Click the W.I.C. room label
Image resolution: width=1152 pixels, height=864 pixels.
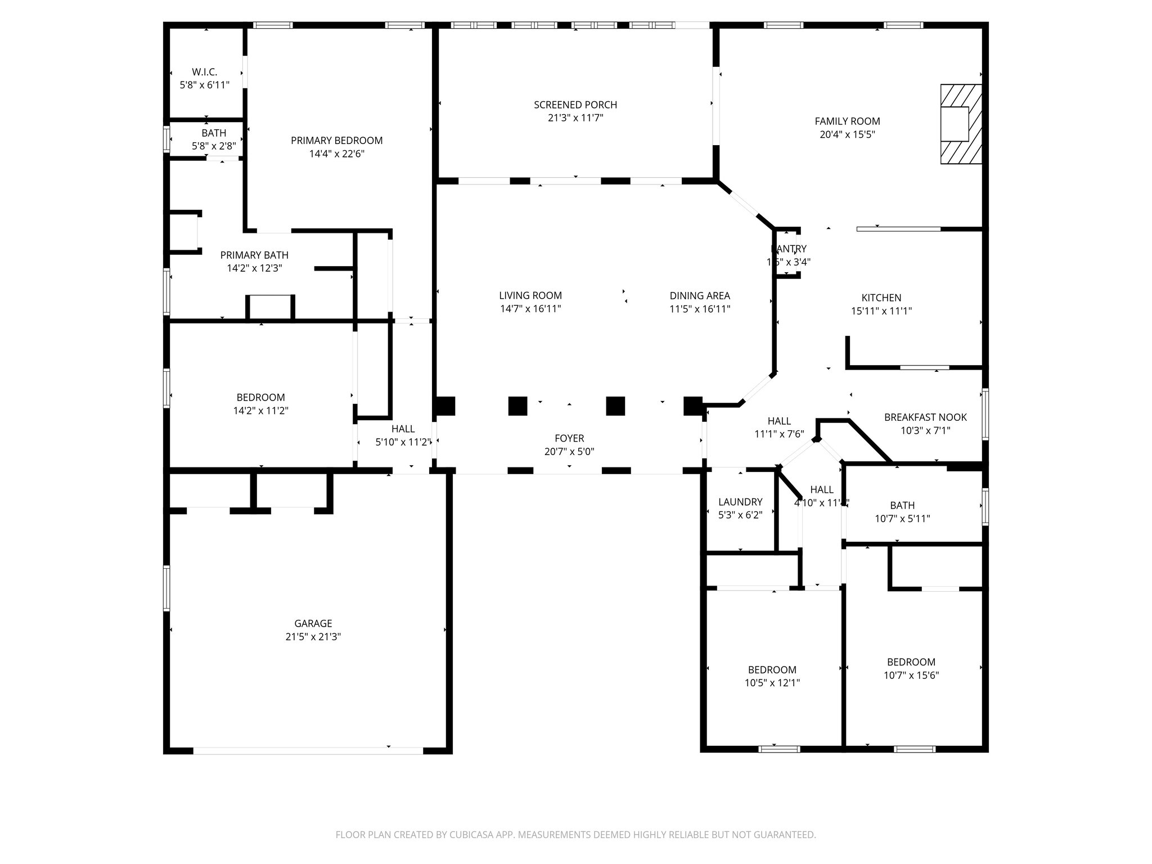pyautogui.click(x=204, y=72)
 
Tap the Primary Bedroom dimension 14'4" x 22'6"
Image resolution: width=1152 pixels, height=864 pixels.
pyautogui.click(x=336, y=154)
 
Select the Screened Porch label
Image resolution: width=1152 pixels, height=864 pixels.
pyautogui.click(x=575, y=105)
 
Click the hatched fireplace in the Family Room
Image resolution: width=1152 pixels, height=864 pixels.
pyautogui.click(x=961, y=124)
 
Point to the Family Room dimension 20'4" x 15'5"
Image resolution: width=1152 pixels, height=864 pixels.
pyautogui.click(x=847, y=134)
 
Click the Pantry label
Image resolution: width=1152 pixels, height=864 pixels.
pyautogui.click(x=789, y=249)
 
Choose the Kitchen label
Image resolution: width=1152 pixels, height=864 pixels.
pyautogui.click(x=881, y=298)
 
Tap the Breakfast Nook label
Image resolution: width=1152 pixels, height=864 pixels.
pyautogui.click(x=925, y=417)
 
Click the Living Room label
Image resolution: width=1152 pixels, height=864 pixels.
pyautogui.click(x=530, y=295)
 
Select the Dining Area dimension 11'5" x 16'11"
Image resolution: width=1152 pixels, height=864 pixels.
pyautogui.click(x=699, y=309)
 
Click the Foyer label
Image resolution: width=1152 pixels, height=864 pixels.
pyautogui.click(x=569, y=438)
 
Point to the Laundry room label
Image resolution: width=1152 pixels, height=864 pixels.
pyautogui.click(x=740, y=502)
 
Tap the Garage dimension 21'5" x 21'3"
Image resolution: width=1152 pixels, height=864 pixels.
pyautogui.click(x=313, y=637)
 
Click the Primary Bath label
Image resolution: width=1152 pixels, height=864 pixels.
pyautogui.click(x=254, y=255)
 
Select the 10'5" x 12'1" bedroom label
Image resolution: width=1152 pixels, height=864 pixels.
pyautogui.click(x=772, y=669)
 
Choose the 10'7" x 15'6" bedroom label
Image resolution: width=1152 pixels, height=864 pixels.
pyautogui.click(x=911, y=662)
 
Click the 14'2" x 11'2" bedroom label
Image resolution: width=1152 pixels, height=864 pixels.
pyautogui.click(x=260, y=397)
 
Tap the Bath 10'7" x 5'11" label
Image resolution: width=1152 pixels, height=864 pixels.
pyautogui.click(x=902, y=505)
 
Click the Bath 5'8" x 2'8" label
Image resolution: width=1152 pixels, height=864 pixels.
pyautogui.click(x=214, y=133)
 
